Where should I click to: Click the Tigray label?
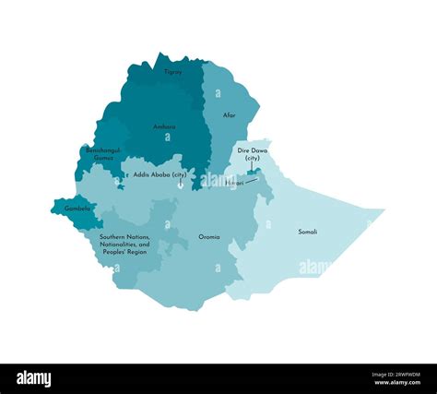[x=173, y=71]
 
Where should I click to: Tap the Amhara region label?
[x=164, y=126]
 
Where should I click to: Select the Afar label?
[x=230, y=115]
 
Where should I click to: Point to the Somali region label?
[x=308, y=232]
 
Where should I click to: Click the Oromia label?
[x=209, y=237]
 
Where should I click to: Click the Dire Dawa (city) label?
[x=251, y=153]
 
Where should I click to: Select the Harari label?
[x=233, y=183]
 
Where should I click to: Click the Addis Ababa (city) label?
[x=159, y=173]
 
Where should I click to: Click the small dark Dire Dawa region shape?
[x=252, y=171]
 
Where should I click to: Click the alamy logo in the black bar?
[x=35, y=378]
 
